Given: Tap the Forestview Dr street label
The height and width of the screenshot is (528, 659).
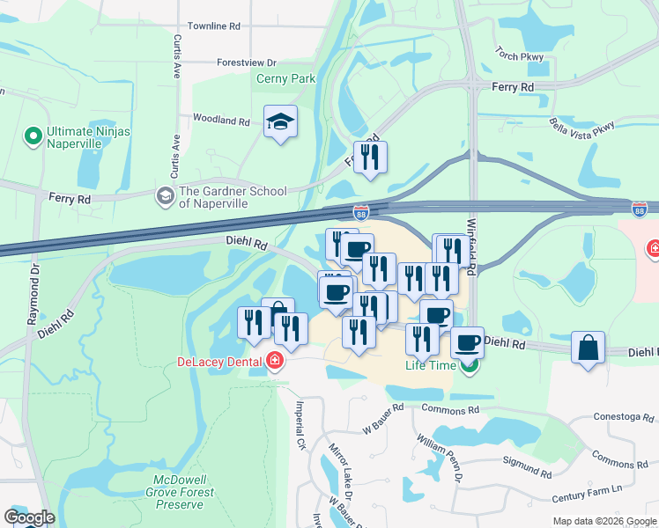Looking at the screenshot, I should pyautogui.click(x=248, y=62).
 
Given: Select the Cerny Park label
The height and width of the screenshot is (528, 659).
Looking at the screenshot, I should pyautogui.click(x=285, y=79).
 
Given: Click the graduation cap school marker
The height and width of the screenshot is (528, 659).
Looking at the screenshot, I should pyautogui.click(x=280, y=123).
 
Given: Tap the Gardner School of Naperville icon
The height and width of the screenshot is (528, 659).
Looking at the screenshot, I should pyautogui.click(x=164, y=197).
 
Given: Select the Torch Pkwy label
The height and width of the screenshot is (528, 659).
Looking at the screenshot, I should pyautogui.click(x=520, y=54).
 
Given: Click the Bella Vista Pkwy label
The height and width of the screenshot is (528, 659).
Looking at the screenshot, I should pyautogui.click(x=581, y=127).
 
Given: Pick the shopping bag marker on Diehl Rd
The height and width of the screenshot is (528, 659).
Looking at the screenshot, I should pyautogui.click(x=588, y=348).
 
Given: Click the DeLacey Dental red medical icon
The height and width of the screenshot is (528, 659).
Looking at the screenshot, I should pyautogui.click(x=275, y=362).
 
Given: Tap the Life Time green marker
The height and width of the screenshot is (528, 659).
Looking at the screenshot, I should pyautogui.click(x=470, y=366).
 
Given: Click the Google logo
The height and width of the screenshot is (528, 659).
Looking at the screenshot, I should pyautogui.click(x=29, y=517).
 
